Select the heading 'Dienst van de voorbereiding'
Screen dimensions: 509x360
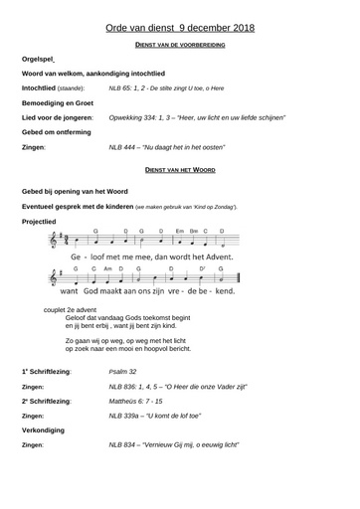pos(179,47)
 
